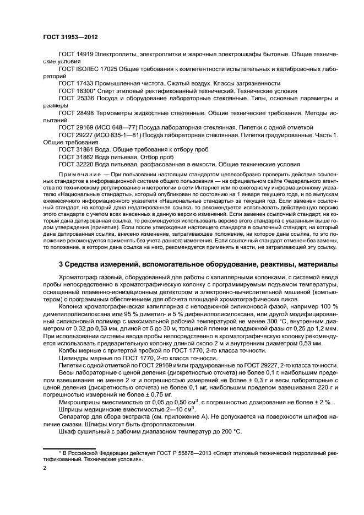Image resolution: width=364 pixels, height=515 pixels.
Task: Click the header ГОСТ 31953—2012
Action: [70, 36]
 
